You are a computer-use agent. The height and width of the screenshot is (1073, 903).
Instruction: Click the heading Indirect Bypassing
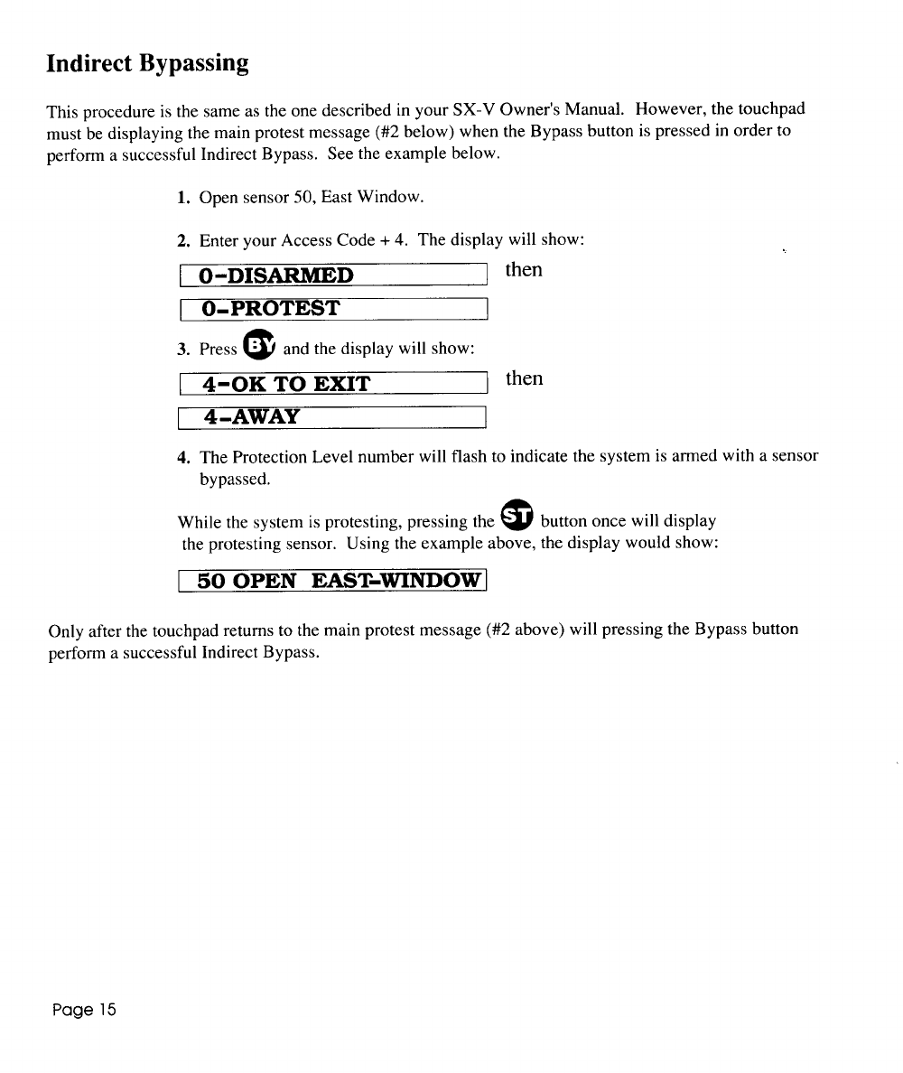[x=147, y=64]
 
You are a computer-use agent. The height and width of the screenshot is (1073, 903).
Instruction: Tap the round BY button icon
[x=259, y=346]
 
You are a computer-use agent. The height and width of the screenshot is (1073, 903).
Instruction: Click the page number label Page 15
[x=82, y=1009]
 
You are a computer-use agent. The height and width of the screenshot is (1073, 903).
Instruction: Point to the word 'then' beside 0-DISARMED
[x=524, y=270]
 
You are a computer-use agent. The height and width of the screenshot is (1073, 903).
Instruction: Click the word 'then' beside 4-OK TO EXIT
[x=524, y=378]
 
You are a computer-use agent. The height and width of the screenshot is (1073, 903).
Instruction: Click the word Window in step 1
[x=389, y=197]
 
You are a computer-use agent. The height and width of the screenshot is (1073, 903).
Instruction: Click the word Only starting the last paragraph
[x=64, y=630]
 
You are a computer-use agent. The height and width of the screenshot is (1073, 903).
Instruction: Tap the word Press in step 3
[x=218, y=350]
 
